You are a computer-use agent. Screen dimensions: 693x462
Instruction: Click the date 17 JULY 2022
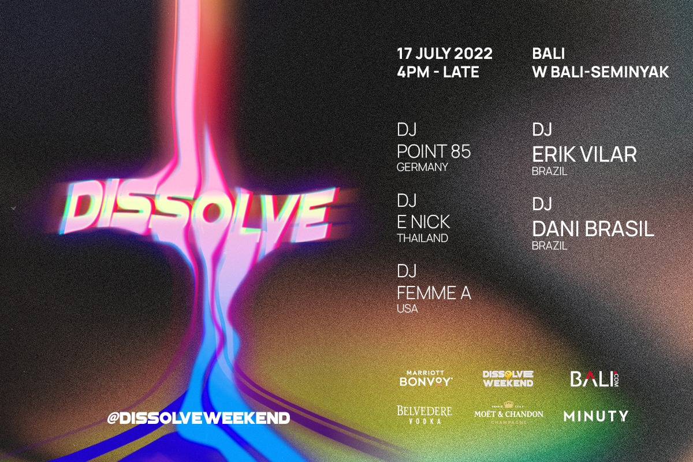tap(445, 54)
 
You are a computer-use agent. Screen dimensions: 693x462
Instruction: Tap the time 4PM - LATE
tap(438, 72)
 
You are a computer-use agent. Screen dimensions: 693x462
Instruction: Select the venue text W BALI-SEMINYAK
tap(601, 72)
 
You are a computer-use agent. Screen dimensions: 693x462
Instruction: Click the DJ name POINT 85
tap(434, 151)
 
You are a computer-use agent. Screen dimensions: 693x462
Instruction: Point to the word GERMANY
tap(422, 167)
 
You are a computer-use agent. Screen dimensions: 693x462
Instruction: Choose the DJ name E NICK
tap(423, 222)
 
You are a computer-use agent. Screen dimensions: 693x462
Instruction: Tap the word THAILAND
tap(422, 239)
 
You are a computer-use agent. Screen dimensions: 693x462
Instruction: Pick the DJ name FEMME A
tap(434, 293)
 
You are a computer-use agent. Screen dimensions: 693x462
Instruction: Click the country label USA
tap(407, 309)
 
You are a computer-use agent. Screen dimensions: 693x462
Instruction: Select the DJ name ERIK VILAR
tap(584, 154)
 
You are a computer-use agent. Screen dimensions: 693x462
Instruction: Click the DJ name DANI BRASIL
tap(593, 229)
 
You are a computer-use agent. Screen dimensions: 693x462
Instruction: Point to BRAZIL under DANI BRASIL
tap(549, 246)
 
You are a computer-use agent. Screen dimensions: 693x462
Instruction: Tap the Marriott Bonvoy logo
tap(426, 379)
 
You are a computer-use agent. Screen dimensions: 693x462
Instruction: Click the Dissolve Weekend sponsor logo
tap(508, 379)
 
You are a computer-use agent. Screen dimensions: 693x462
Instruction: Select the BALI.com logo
tap(594, 379)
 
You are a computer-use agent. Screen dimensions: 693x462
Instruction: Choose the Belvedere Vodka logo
tap(424, 415)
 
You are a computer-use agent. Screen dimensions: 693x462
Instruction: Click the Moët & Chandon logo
tap(509, 413)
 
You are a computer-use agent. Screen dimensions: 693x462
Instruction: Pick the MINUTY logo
tap(596, 416)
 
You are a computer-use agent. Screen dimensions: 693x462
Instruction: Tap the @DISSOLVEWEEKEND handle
tap(198, 418)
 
